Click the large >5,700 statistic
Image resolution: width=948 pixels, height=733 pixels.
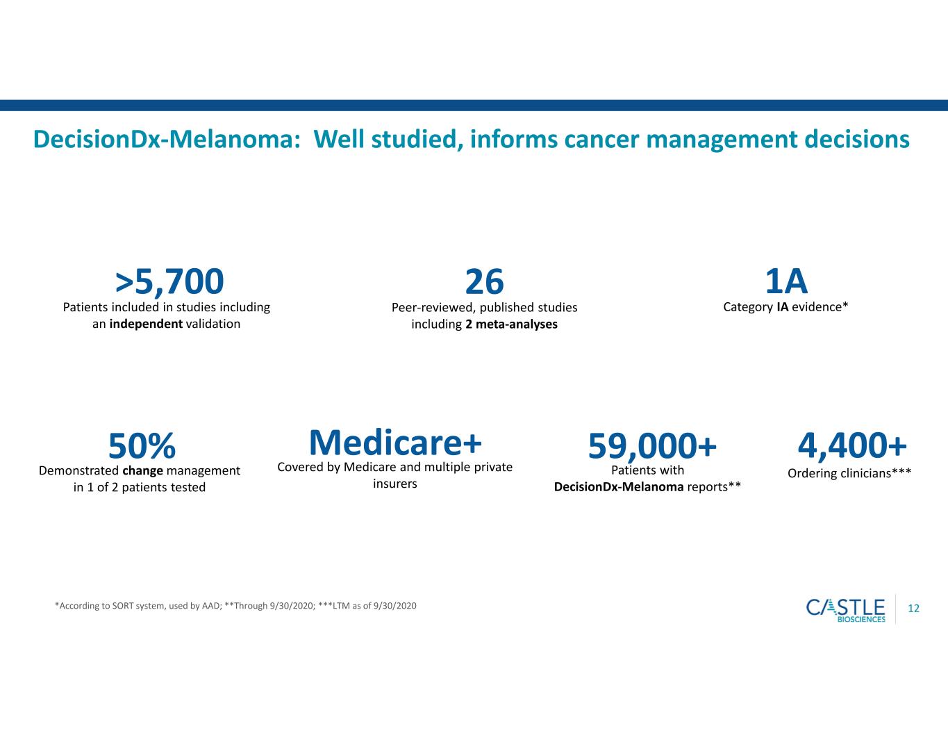click(169, 282)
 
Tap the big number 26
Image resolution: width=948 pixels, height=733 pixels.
click(484, 282)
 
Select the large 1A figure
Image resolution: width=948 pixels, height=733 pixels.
click(786, 282)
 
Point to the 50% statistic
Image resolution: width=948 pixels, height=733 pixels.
click(142, 445)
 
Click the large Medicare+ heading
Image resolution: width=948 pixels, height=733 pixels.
click(395, 443)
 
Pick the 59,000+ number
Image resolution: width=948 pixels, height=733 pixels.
click(651, 445)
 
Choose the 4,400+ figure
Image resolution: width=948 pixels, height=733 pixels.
click(852, 445)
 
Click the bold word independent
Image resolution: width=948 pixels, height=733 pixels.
click(146, 324)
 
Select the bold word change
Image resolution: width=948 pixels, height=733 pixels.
click(142, 471)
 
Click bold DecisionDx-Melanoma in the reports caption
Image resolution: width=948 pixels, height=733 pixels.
click(619, 487)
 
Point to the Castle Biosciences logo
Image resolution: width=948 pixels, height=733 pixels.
click(845, 609)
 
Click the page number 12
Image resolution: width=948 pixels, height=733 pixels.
click(913, 609)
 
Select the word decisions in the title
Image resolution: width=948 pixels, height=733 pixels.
click(857, 139)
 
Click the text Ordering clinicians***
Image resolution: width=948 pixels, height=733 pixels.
click(849, 473)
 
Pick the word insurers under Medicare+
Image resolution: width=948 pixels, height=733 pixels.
click(394, 484)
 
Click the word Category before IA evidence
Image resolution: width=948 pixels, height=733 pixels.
click(748, 307)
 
